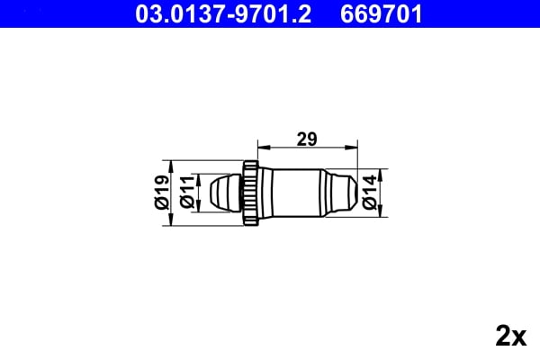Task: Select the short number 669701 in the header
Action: (381, 13)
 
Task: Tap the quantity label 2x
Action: (510, 337)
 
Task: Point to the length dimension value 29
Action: (307, 139)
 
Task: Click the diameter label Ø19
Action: (162, 192)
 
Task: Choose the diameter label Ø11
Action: (186, 192)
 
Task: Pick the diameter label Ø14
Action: (370, 192)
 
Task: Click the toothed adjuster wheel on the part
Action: (251, 191)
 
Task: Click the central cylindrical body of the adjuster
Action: (294, 191)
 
